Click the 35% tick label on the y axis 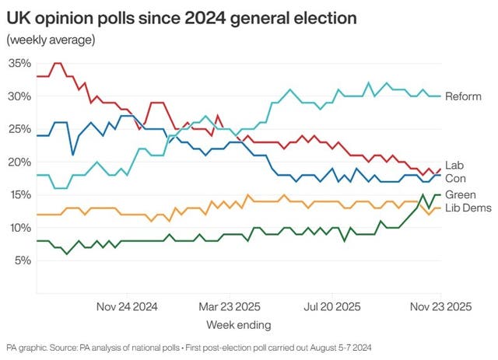point(19,64)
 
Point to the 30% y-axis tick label point(19,96)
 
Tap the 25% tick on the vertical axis point(19,129)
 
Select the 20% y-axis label point(19,162)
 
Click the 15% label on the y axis point(19,194)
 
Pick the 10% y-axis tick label point(19,227)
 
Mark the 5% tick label point(22,260)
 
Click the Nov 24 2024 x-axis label point(126,306)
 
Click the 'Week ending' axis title point(238,323)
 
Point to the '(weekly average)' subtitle point(51,40)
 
